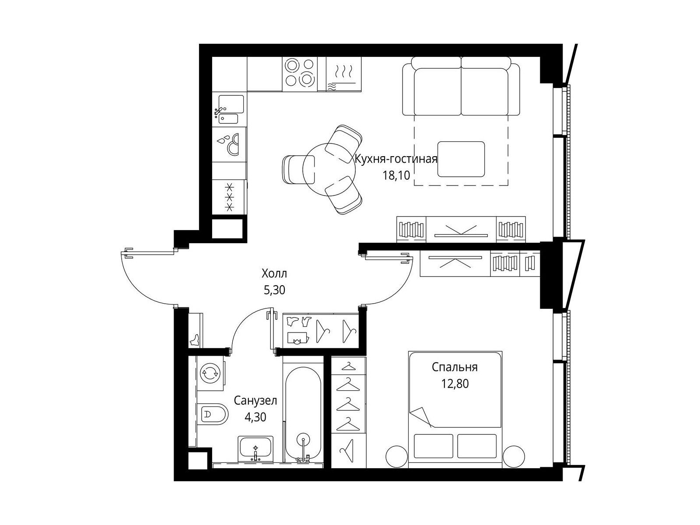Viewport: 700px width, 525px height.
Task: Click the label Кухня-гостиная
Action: [396, 159]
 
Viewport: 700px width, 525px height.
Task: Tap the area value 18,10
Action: [396, 175]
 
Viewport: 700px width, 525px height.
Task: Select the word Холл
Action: [274, 273]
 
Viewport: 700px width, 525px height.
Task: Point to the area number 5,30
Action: [274, 290]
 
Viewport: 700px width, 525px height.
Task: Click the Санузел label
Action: [255, 401]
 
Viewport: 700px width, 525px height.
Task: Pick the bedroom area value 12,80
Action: [455, 384]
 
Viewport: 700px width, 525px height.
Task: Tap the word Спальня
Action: [455, 367]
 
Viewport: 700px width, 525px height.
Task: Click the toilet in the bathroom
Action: [213, 414]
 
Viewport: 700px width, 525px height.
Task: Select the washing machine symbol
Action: [210, 373]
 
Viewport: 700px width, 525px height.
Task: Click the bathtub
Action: [303, 414]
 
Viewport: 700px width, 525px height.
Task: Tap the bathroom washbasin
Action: [255, 448]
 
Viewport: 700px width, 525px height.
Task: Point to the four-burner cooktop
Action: [300, 74]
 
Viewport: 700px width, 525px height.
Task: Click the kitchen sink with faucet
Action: [229, 109]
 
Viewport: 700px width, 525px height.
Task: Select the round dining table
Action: [329, 169]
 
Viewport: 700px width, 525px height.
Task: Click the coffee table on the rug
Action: [461, 159]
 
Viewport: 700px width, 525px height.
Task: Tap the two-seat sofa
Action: [461, 86]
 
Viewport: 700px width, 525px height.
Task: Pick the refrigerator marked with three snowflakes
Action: [230, 197]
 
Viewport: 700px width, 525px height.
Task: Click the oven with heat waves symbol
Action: [344, 74]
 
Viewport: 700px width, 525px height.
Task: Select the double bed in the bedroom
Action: [455, 409]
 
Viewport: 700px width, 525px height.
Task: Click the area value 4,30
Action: [255, 417]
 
